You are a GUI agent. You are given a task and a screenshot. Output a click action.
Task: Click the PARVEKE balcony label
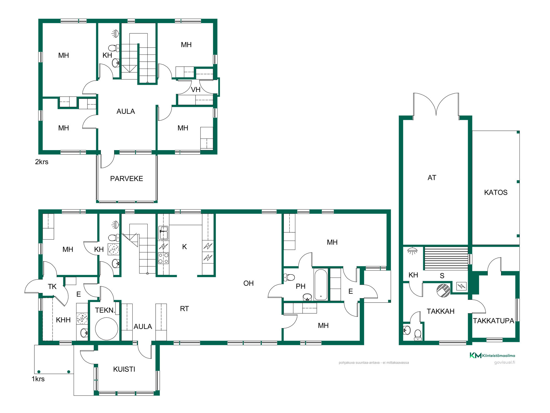coord(127,179)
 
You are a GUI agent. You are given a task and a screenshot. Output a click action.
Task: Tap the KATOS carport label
coord(496,192)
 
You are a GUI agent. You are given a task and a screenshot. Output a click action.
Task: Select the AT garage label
coord(432,178)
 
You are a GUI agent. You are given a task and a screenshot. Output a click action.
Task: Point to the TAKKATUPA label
coord(493,321)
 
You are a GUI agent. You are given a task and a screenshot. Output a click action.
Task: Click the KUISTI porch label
coord(124,369)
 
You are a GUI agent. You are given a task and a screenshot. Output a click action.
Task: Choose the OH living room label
coord(248,283)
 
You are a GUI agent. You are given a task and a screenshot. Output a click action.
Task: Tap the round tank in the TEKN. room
coord(106,329)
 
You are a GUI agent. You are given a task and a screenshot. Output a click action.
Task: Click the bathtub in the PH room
coord(321,285)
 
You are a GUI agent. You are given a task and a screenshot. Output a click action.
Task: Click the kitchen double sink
coord(164,233)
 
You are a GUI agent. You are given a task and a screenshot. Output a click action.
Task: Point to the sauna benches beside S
coord(446,258)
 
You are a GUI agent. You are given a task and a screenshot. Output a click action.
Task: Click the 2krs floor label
coord(42,162)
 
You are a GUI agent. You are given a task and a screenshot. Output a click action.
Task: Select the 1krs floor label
coord(38,379)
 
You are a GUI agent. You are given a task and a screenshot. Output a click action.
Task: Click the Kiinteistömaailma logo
coord(492,355)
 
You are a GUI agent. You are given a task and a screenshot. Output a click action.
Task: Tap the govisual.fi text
coord(505,362)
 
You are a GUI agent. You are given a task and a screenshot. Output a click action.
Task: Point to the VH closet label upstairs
coord(196,90)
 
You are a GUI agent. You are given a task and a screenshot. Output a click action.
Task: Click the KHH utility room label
coord(63,320)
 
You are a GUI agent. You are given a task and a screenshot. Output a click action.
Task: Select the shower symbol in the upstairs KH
coord(115,33)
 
